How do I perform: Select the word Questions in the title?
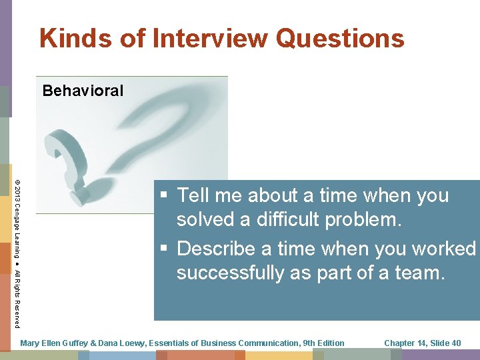click(340, 38)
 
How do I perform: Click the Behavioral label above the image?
click(83, 91)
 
